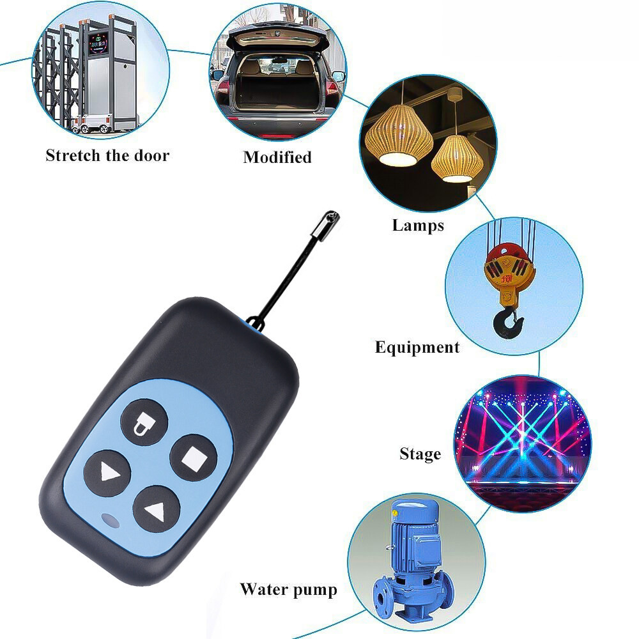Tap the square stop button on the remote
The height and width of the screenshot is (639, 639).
[x=194, y=458]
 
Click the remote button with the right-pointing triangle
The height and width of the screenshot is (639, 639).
[x=107, y=473]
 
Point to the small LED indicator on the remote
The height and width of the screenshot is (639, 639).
[x=110, y=520]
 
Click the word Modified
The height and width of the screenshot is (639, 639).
[x=277, y=157]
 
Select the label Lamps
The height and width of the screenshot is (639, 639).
[x=418, y=226]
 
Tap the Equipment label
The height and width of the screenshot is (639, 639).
[x=417, y=347]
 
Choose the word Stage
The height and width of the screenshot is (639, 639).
[x=420, y=454]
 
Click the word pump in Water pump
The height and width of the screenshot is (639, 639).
[x=315, y=590]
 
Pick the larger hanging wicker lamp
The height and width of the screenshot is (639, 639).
[x=399, y=134]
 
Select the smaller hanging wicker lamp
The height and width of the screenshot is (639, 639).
[x=458, y=158]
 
